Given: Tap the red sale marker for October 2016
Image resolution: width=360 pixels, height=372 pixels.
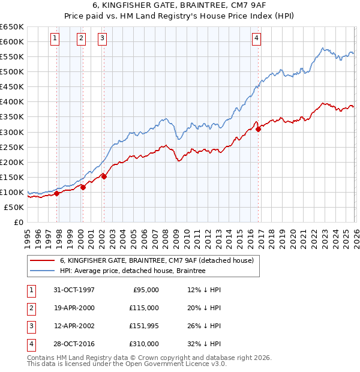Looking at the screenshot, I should click(x=258, y=128).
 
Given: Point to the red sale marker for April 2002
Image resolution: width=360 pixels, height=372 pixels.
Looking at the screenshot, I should click(x=104, y=176).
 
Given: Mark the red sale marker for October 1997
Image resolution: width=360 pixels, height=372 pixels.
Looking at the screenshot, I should click(x=57, y=193).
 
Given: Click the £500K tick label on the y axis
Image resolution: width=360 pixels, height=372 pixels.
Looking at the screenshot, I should click(x=12, y=72).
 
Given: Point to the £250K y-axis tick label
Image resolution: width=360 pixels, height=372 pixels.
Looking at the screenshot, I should click(x=12, y=147).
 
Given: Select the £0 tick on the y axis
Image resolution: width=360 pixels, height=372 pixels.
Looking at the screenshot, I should click(x=19, y=222).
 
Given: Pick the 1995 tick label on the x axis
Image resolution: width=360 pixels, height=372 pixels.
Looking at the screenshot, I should click(x=28, y=233).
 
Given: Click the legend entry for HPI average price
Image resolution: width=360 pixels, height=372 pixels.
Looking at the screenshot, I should click(x=133, y=271).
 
